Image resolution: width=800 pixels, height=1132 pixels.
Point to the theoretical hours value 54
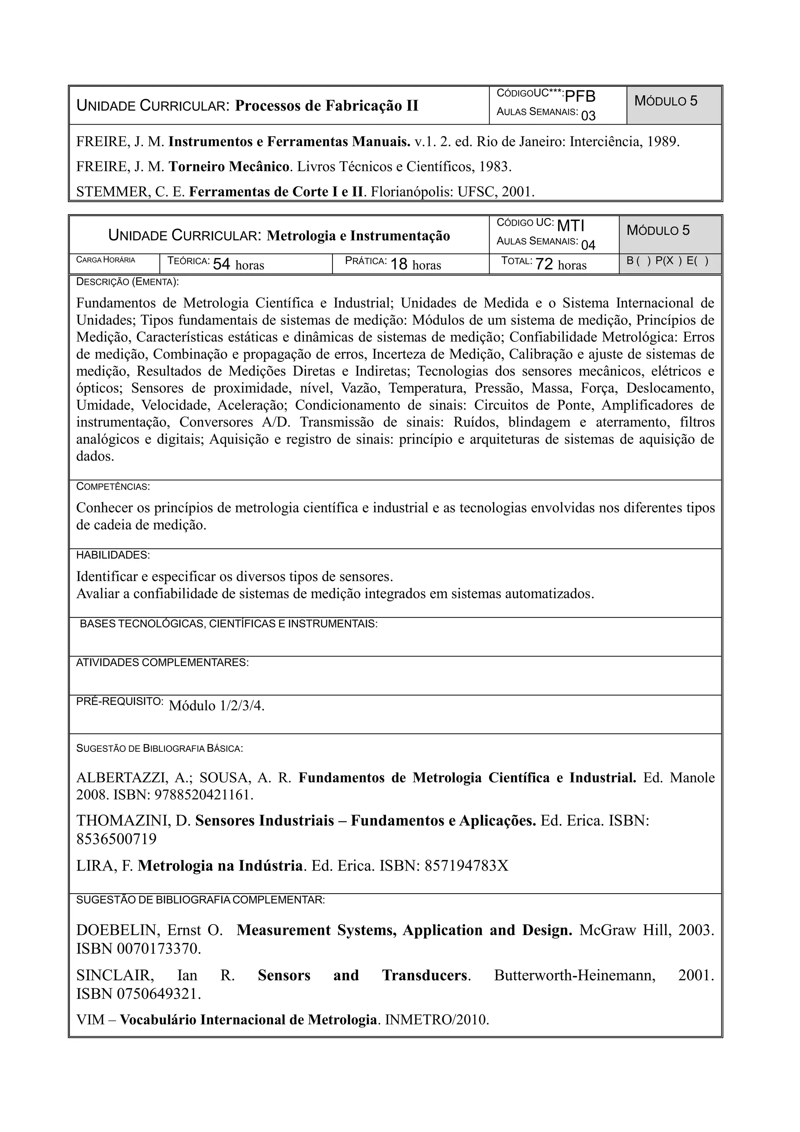coord(221,265)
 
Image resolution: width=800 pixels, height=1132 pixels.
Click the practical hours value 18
coord(399,265)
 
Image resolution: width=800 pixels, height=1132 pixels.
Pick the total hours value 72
coord(544,265)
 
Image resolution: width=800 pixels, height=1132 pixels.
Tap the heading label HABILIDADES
coord(113,555)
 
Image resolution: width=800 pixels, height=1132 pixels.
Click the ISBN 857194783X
coord(466,866)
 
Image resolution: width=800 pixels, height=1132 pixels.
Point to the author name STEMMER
coord(113,192)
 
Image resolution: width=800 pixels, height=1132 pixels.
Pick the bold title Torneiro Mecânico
coord(229,166)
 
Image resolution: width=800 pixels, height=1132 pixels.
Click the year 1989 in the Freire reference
coord(663,142)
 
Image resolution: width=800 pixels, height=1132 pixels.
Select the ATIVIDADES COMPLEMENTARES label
coord(162,663)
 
